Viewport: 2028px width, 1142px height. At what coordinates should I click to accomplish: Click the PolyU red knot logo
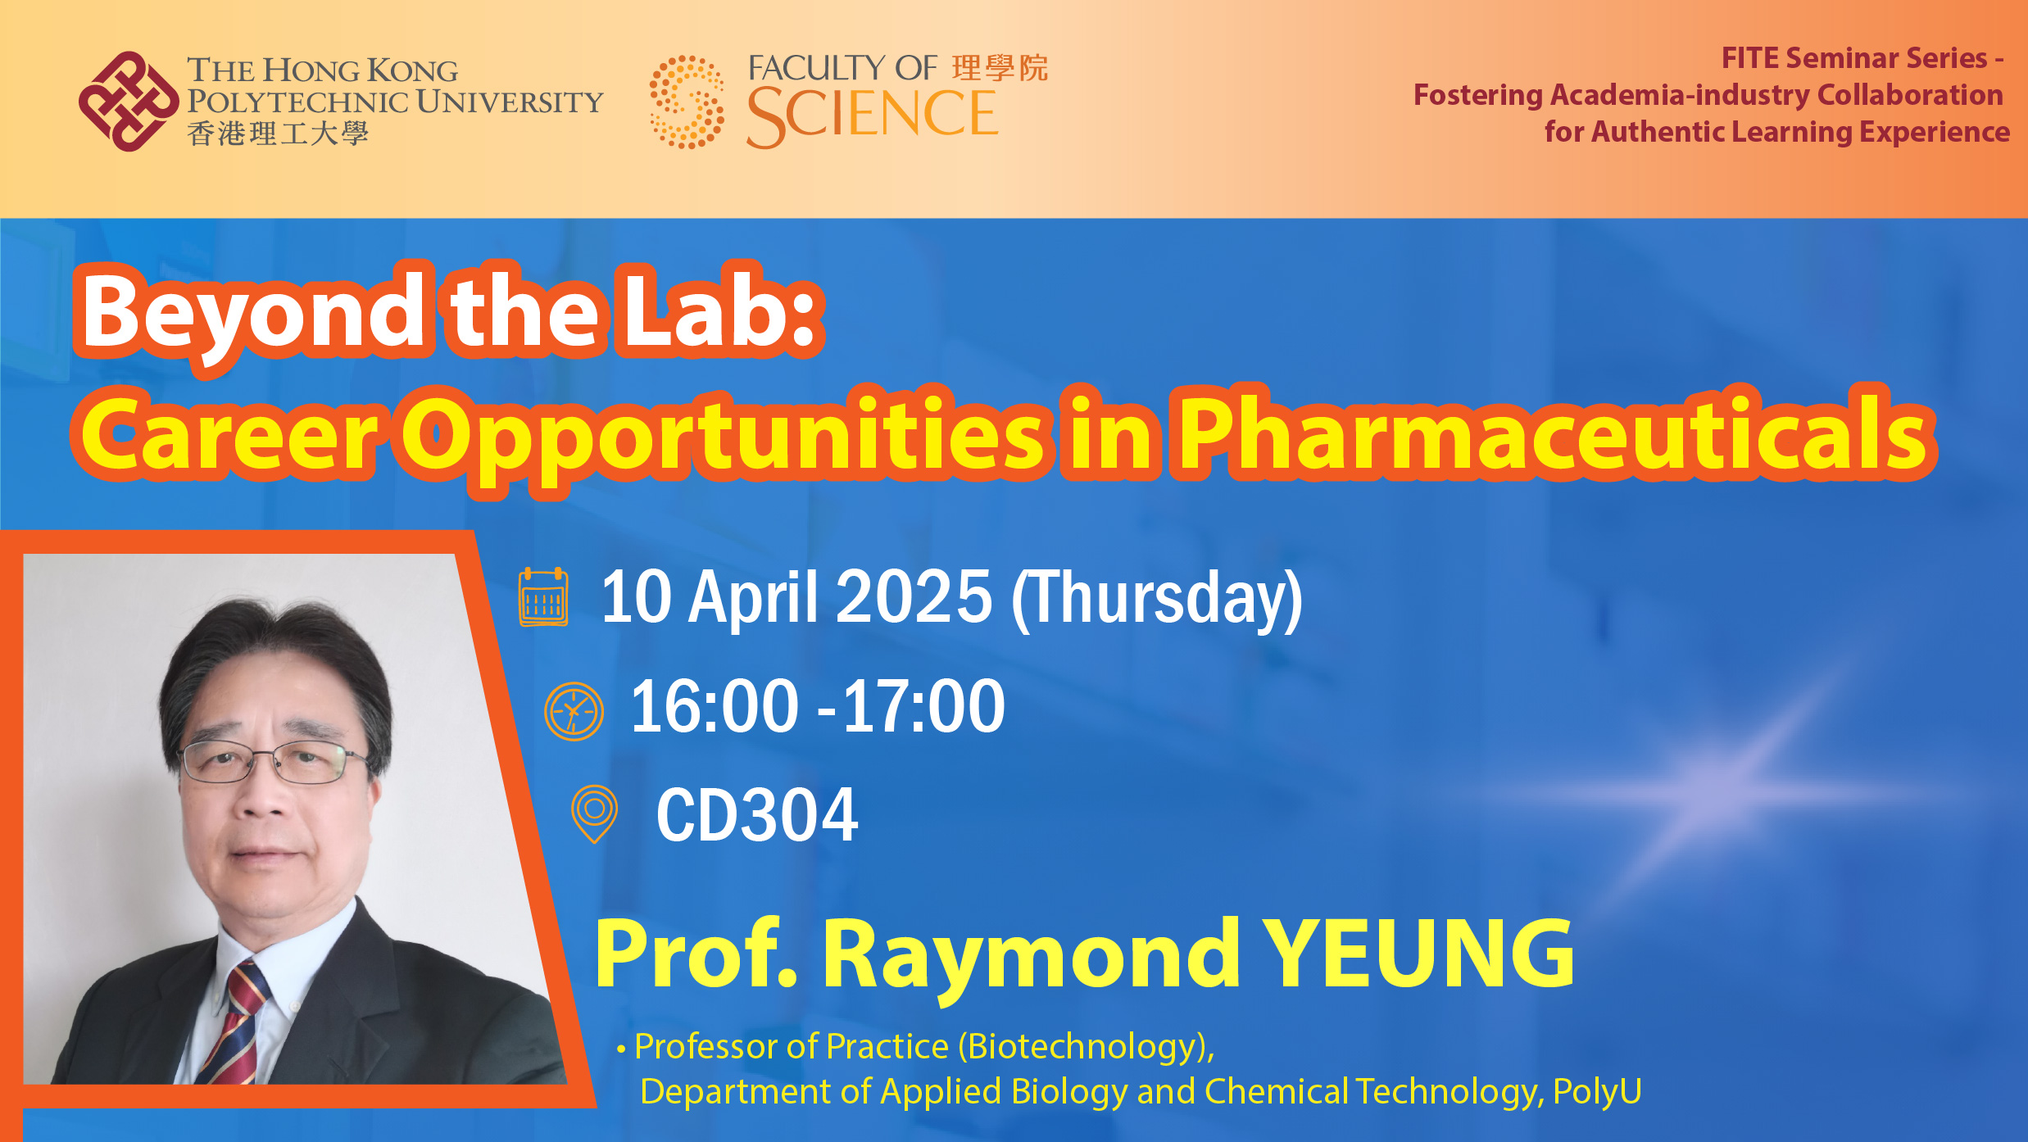pos(129,102)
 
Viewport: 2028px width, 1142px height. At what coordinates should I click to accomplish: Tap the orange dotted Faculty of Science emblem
pos(687,102)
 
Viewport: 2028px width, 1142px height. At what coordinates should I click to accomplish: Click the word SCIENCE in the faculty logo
pos(872,115)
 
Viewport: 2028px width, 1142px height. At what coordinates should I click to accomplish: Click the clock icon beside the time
pos(574,711)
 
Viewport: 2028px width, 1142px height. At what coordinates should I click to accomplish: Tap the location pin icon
pos(594,813)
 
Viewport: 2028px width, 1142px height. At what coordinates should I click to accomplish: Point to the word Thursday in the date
pos(1157,600)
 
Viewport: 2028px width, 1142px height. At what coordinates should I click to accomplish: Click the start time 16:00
pos(714,706)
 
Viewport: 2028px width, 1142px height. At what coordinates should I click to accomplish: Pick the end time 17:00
pos(923,706)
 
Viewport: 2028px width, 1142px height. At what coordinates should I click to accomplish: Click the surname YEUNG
pos(1418,953)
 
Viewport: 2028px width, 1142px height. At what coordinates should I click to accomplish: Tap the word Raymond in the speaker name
pos(1031,958)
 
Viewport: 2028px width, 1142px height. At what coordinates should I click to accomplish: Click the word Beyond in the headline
pos(252,318)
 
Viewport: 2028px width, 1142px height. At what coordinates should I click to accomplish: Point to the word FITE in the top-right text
pos(1749,58)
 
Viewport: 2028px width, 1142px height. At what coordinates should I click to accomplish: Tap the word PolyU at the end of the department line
pos(1597,1092)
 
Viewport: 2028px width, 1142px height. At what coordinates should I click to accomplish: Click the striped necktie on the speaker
pos(233,1024)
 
